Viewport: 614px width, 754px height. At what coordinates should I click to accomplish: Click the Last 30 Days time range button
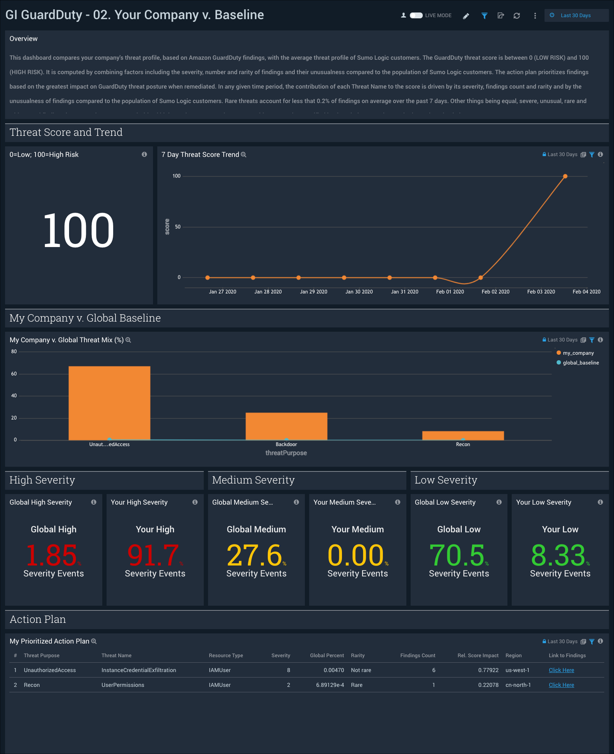click(575, 16)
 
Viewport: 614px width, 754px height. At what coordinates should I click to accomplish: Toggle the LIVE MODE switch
click(416, 16)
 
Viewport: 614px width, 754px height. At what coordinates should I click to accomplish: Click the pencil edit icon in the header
click(466, 16)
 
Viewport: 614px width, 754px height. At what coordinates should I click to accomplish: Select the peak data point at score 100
click(565, 176)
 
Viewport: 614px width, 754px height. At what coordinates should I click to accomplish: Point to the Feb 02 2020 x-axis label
click(495, 292)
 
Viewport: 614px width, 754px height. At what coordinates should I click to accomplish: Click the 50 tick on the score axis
click(178, 227)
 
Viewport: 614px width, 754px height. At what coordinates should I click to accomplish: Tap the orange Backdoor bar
click(286, 426)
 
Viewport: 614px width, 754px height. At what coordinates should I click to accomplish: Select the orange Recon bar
click(463, 436)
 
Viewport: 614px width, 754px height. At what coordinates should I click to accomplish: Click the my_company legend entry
click(578, 353)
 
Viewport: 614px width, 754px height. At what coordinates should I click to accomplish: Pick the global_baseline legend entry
click(580, 363)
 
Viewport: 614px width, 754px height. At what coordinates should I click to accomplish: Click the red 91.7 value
click(153, 555)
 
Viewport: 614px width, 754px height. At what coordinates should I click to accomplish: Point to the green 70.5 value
click(457, 555)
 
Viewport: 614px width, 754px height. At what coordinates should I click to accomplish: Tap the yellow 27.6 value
click(254, 555)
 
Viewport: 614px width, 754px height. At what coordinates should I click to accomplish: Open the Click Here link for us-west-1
click(561, 670)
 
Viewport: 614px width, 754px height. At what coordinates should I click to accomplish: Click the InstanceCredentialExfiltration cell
click(139, 670)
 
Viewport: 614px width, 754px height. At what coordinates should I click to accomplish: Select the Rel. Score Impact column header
click(478, 656)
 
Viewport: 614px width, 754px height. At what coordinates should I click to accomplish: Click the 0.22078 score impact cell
click(488, 685)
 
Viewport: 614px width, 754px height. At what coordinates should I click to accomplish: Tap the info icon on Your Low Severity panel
click(600, 502)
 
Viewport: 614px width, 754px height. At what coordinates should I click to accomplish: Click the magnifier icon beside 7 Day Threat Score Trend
click(244, 155)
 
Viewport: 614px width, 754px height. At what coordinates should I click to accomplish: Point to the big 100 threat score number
click(78, 230)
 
